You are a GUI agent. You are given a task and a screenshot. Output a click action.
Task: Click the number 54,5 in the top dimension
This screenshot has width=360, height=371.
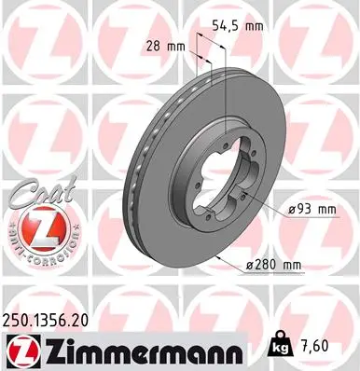[225, 26]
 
